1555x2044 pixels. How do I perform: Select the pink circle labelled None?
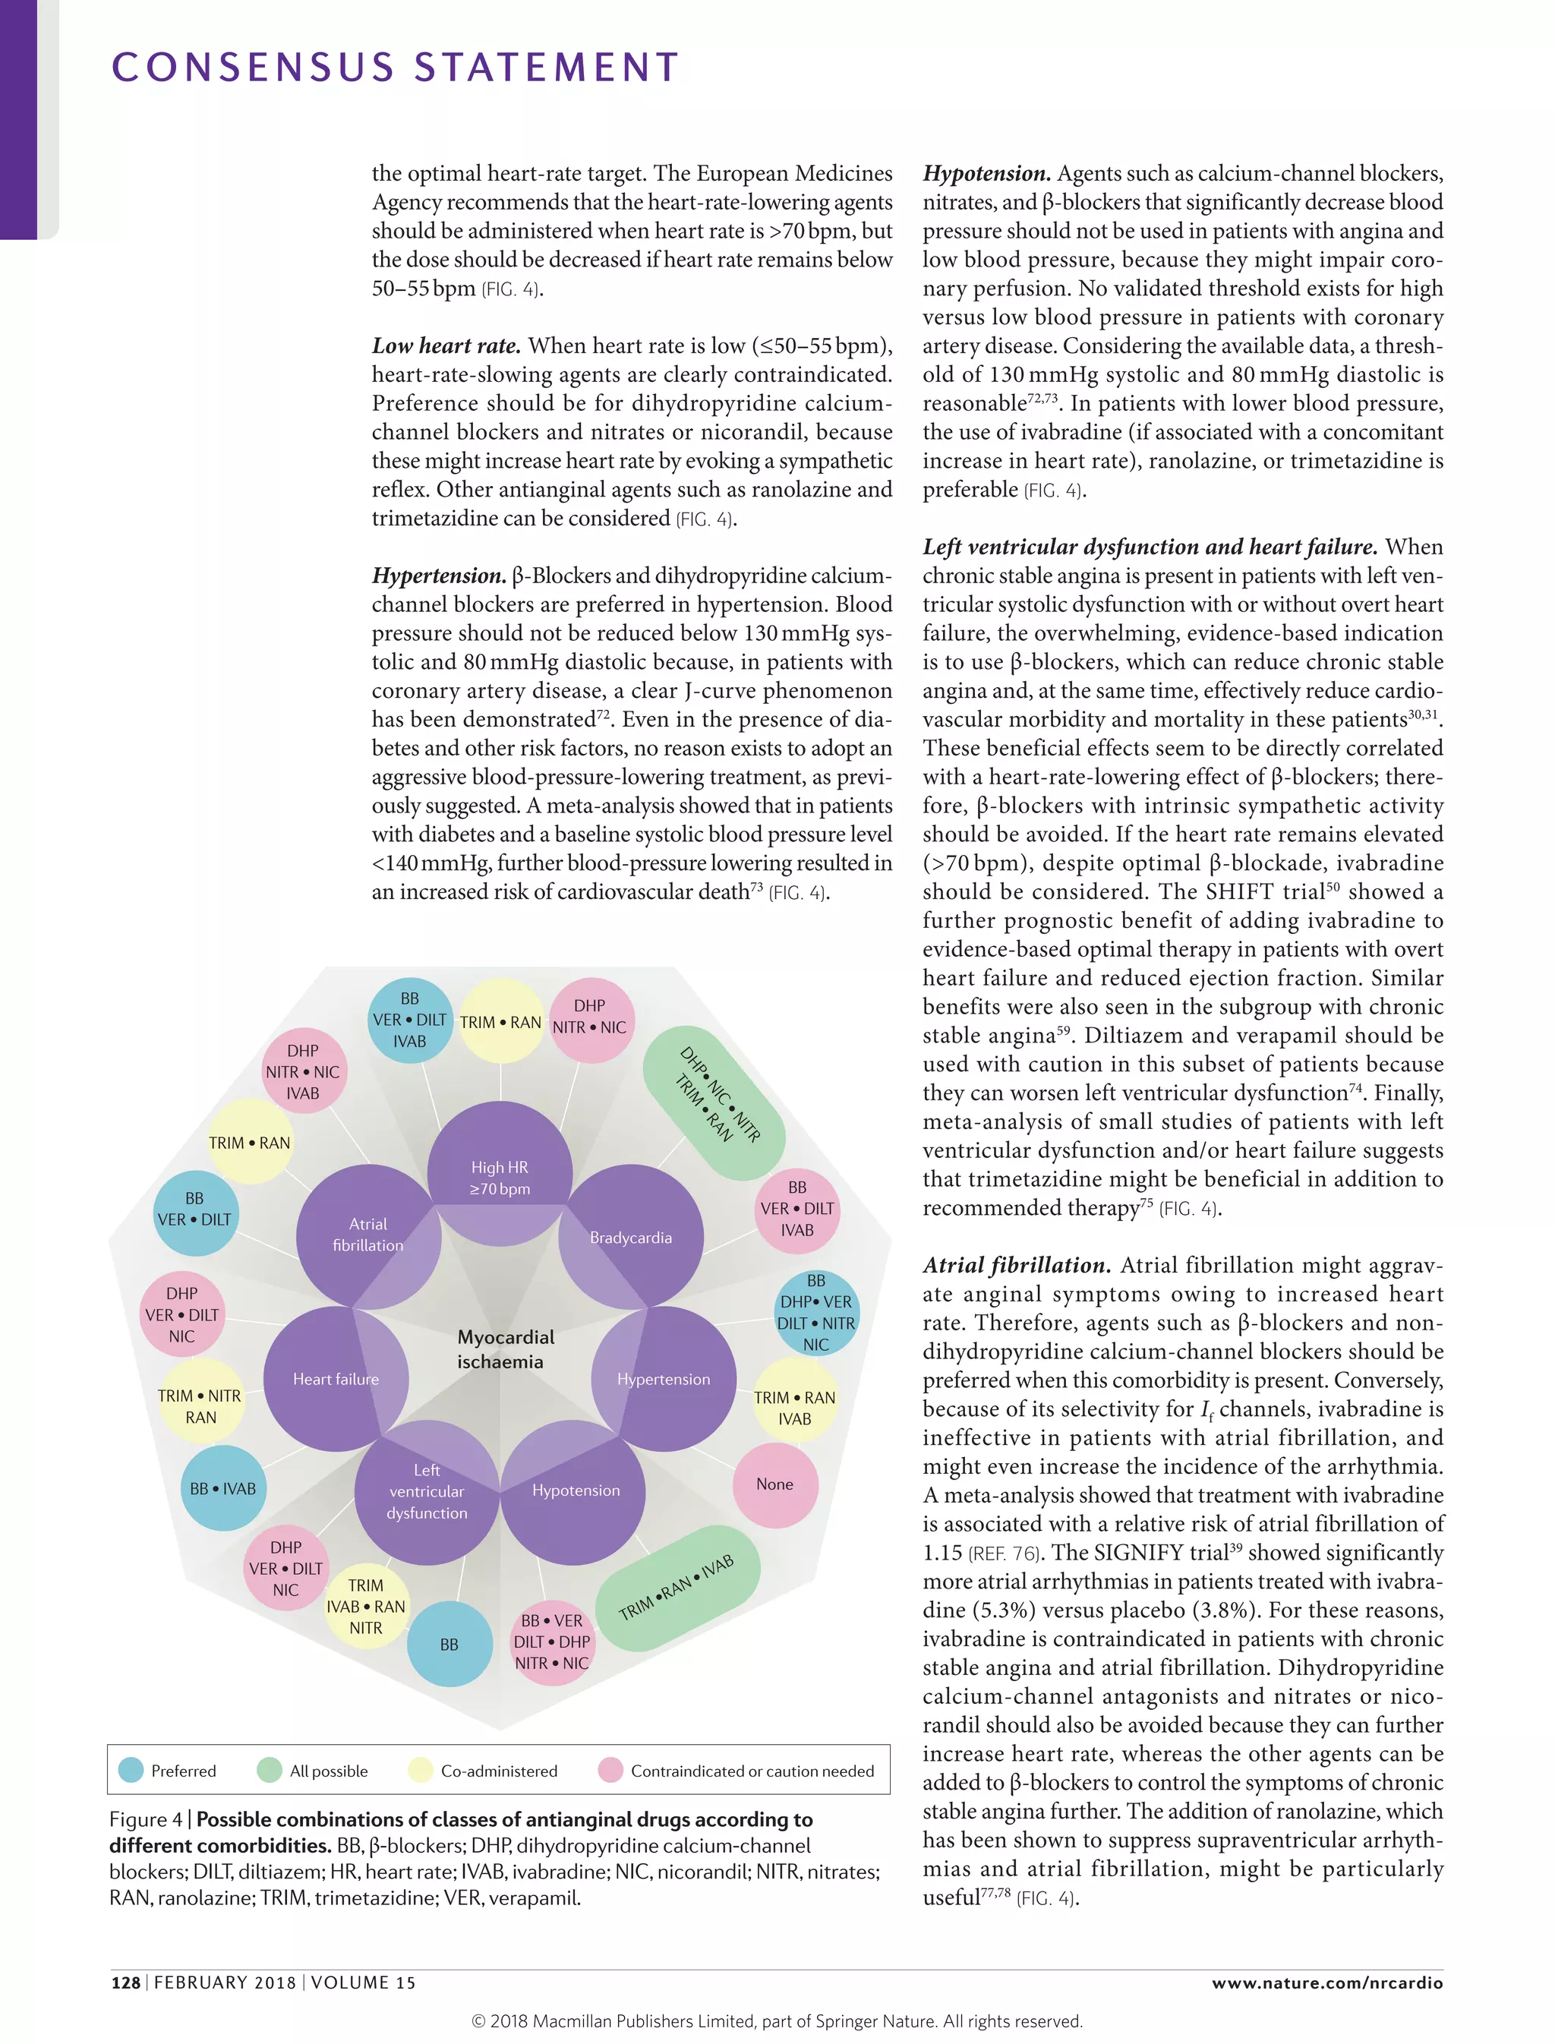(774, 1484)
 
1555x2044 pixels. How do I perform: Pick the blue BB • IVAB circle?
(222, 1488)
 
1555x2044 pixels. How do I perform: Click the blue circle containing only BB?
(449, 1644)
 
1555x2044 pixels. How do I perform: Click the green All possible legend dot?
(270, 1770)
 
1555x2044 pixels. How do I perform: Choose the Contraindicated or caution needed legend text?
(752, 1771)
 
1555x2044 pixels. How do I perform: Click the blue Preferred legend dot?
(131, 1770)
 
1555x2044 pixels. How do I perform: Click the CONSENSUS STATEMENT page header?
(396, 68)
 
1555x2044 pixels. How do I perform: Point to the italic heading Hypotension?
(986, 174)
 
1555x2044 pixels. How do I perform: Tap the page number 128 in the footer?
(125, 1982)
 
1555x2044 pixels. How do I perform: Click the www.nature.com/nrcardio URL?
(1326, 1982)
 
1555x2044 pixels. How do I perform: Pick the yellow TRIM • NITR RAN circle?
(200, 1406)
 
